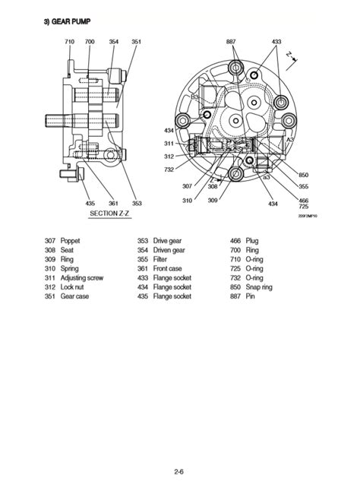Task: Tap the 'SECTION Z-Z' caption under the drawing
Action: click(x=111, y=214)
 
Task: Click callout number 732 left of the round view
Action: click(x=170, y=169)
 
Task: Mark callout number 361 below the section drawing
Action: click(x=113, y=203)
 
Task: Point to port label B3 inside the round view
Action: click(x=194, y=97)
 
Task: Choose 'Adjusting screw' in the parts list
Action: click(x=85, y=278)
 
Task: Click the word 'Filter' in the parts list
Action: click(x=162, y=259)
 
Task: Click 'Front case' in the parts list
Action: click(x=169, y=268)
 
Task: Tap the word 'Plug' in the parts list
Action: click(x=252, y=240)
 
